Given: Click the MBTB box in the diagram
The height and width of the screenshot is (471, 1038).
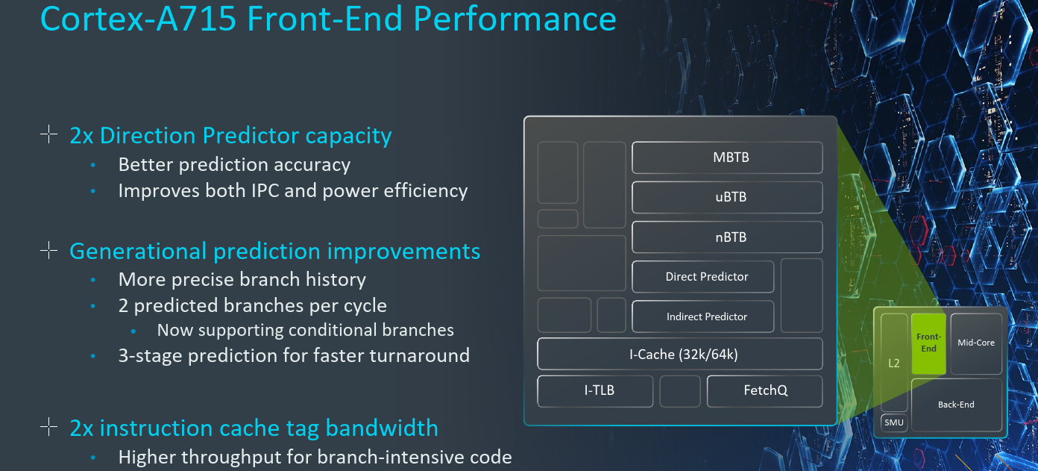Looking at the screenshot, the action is (727, 157).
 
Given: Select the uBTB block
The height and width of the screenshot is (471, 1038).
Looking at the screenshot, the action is (727, 198).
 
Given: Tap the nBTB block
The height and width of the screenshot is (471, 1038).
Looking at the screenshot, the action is (727, 237).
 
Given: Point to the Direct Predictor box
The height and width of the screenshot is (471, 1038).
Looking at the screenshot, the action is (702, 277).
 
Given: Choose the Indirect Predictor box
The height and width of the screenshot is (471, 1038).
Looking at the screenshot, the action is (702, 316).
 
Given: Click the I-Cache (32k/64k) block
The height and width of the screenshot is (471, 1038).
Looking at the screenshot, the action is (679, 354).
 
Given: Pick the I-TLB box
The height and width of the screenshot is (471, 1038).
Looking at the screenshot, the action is (595, 390).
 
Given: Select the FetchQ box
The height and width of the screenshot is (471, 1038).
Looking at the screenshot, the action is (764, 390).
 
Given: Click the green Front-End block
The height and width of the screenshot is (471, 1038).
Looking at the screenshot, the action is (928, 343).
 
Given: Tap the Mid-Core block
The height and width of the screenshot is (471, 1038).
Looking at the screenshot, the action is (975, 343).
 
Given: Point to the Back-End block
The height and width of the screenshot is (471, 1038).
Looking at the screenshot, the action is (956, 405).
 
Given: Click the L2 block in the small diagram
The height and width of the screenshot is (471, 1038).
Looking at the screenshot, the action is (894, 363).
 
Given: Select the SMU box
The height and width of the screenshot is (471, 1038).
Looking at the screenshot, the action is (893, 423).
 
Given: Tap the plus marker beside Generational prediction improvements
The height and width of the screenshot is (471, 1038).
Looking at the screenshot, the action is (48, 251).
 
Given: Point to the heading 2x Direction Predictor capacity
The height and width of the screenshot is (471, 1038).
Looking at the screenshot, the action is (230, 135).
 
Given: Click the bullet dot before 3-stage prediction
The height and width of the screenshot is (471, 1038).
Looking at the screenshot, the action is (93, 356).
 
